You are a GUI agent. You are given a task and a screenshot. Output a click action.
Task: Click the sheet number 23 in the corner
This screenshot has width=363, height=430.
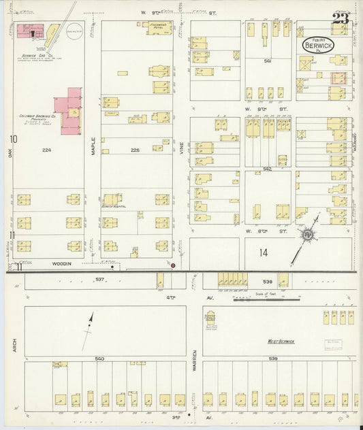click(341, 18)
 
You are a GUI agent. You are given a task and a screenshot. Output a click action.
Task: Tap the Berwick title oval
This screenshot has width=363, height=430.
click(319, 45)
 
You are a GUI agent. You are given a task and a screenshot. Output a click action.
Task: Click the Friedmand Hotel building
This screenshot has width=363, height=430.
click(159, 28)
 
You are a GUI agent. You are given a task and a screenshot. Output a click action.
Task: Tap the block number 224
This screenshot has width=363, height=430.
click(46, 150)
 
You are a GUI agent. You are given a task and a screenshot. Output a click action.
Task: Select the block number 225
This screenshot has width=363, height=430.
click(137, 150)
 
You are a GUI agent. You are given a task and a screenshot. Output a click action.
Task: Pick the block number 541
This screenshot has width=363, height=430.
click(268, 61)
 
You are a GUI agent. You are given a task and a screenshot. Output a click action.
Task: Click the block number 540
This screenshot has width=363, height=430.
click(100, 358)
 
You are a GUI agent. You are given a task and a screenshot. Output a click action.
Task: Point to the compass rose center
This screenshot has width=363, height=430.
click(308, 235)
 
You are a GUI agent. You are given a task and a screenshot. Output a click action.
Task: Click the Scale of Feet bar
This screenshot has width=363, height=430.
click(262, 298)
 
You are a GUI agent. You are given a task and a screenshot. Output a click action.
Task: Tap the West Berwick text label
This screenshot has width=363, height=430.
click(281, 341)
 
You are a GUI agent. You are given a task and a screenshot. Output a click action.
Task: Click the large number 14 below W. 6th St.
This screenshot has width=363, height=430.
click(263, 253)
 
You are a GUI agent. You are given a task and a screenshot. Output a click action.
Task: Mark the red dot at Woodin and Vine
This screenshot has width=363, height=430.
click(173, 265)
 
